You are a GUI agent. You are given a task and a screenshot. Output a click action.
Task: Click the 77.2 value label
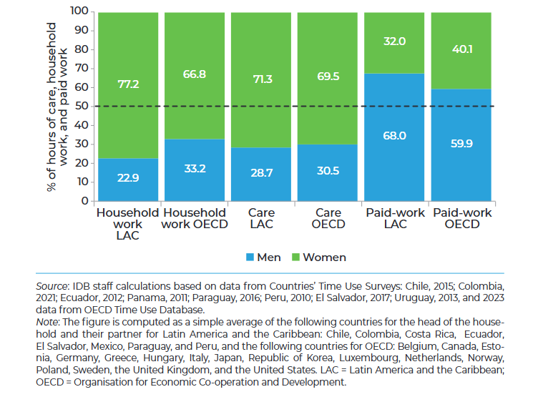tap(127, 84)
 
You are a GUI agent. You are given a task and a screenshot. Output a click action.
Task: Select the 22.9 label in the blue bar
tap(127, 178)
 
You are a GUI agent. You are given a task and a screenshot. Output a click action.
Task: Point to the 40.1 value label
tap(461, 49)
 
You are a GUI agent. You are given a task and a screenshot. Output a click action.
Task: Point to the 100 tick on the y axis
tap(79, 11)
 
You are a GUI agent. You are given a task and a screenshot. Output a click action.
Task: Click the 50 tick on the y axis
tap(82, 106)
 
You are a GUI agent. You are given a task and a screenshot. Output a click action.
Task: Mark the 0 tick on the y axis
tap(84, 201)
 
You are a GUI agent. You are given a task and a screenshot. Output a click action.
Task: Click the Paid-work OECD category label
tap(461, 218)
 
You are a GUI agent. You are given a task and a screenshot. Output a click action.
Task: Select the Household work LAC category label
tap(127, 224)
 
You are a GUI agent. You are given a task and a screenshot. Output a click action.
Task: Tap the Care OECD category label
tap(328, 218)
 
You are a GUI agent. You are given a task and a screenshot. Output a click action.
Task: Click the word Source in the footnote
tap(52, 286)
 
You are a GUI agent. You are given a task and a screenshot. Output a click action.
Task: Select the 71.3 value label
tap(261, 79)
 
